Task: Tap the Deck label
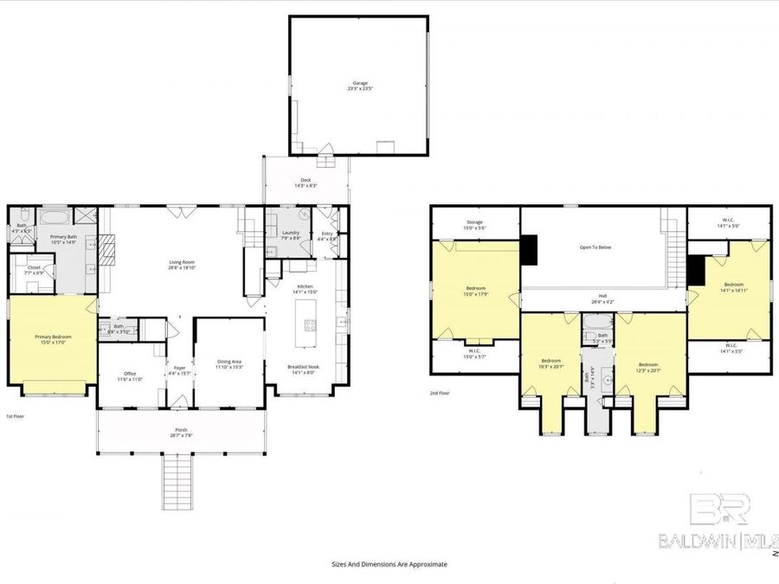point(306,183)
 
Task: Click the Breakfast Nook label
point(305,369)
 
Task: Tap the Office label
point(130,375)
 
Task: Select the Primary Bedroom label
point(53,339)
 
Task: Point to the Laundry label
point(290,234)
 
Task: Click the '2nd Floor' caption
point(440,393)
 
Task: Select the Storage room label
point(474,225)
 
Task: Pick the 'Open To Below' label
point(595,247)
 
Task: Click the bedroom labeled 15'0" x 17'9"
point(475,291)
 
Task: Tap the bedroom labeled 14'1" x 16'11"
point(733,288)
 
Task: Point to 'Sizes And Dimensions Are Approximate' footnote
point(389,563)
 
